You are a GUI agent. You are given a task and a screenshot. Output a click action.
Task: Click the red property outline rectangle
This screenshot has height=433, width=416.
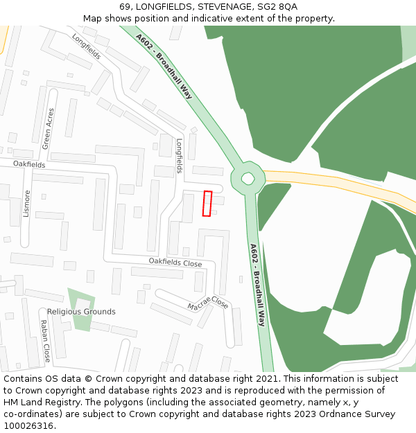(x=207, y=204)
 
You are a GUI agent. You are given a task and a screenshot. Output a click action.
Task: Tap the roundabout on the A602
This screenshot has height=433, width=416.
(x=248, y=179)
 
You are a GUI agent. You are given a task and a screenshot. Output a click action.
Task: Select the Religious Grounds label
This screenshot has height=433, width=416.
(x=81, y=312)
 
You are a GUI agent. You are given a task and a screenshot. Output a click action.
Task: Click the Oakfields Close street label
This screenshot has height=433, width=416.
(x=175, y=263)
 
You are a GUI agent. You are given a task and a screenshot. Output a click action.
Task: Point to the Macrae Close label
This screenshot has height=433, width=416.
(x=207, y=303)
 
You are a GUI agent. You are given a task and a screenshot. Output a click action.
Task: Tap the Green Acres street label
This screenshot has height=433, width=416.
(x=48, y=128)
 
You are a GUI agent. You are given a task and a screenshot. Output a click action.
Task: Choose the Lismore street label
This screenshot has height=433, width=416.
(x=27, y=204)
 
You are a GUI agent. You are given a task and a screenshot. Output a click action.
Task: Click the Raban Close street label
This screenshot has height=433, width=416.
(x=44, y=341)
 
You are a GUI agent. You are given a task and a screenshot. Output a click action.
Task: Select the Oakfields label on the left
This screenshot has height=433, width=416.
(x=29, y=165)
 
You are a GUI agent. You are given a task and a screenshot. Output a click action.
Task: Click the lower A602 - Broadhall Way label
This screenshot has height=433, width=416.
(x=257, y=285)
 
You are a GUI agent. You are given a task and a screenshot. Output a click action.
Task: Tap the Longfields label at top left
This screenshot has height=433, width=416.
(x=86, y=46)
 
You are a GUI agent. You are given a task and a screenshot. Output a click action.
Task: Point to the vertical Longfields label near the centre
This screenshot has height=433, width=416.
(x=179, y=156)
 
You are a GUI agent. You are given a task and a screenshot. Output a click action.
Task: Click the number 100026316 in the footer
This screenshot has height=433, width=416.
(x=29, y=426)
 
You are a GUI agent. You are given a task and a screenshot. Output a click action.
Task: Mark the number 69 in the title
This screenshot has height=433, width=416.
(x=125, y=6)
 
